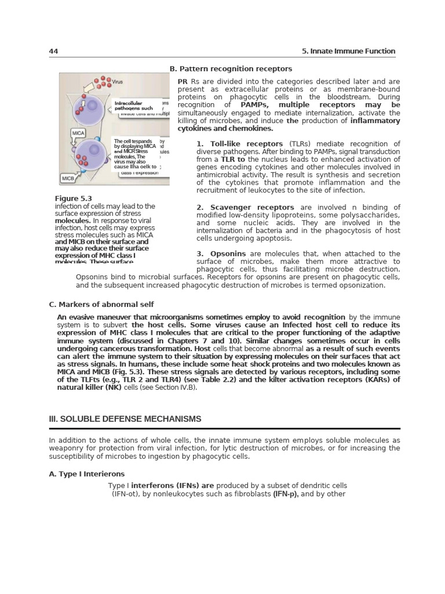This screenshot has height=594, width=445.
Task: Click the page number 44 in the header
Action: coord(53,52)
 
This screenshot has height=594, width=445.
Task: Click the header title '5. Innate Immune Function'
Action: coord(349,52)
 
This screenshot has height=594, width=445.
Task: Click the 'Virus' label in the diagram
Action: coord(118,82)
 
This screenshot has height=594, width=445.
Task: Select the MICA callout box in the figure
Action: coord(78,133)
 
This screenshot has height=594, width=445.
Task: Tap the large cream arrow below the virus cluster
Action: coord(92,89)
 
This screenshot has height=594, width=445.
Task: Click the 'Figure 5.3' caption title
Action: coord(74,198)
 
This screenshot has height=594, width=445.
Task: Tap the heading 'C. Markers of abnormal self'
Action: coord(101,304)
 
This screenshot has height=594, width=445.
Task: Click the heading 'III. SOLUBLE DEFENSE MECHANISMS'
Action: coord(125,419)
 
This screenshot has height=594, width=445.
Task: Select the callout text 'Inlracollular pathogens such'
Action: coord(134,106)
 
